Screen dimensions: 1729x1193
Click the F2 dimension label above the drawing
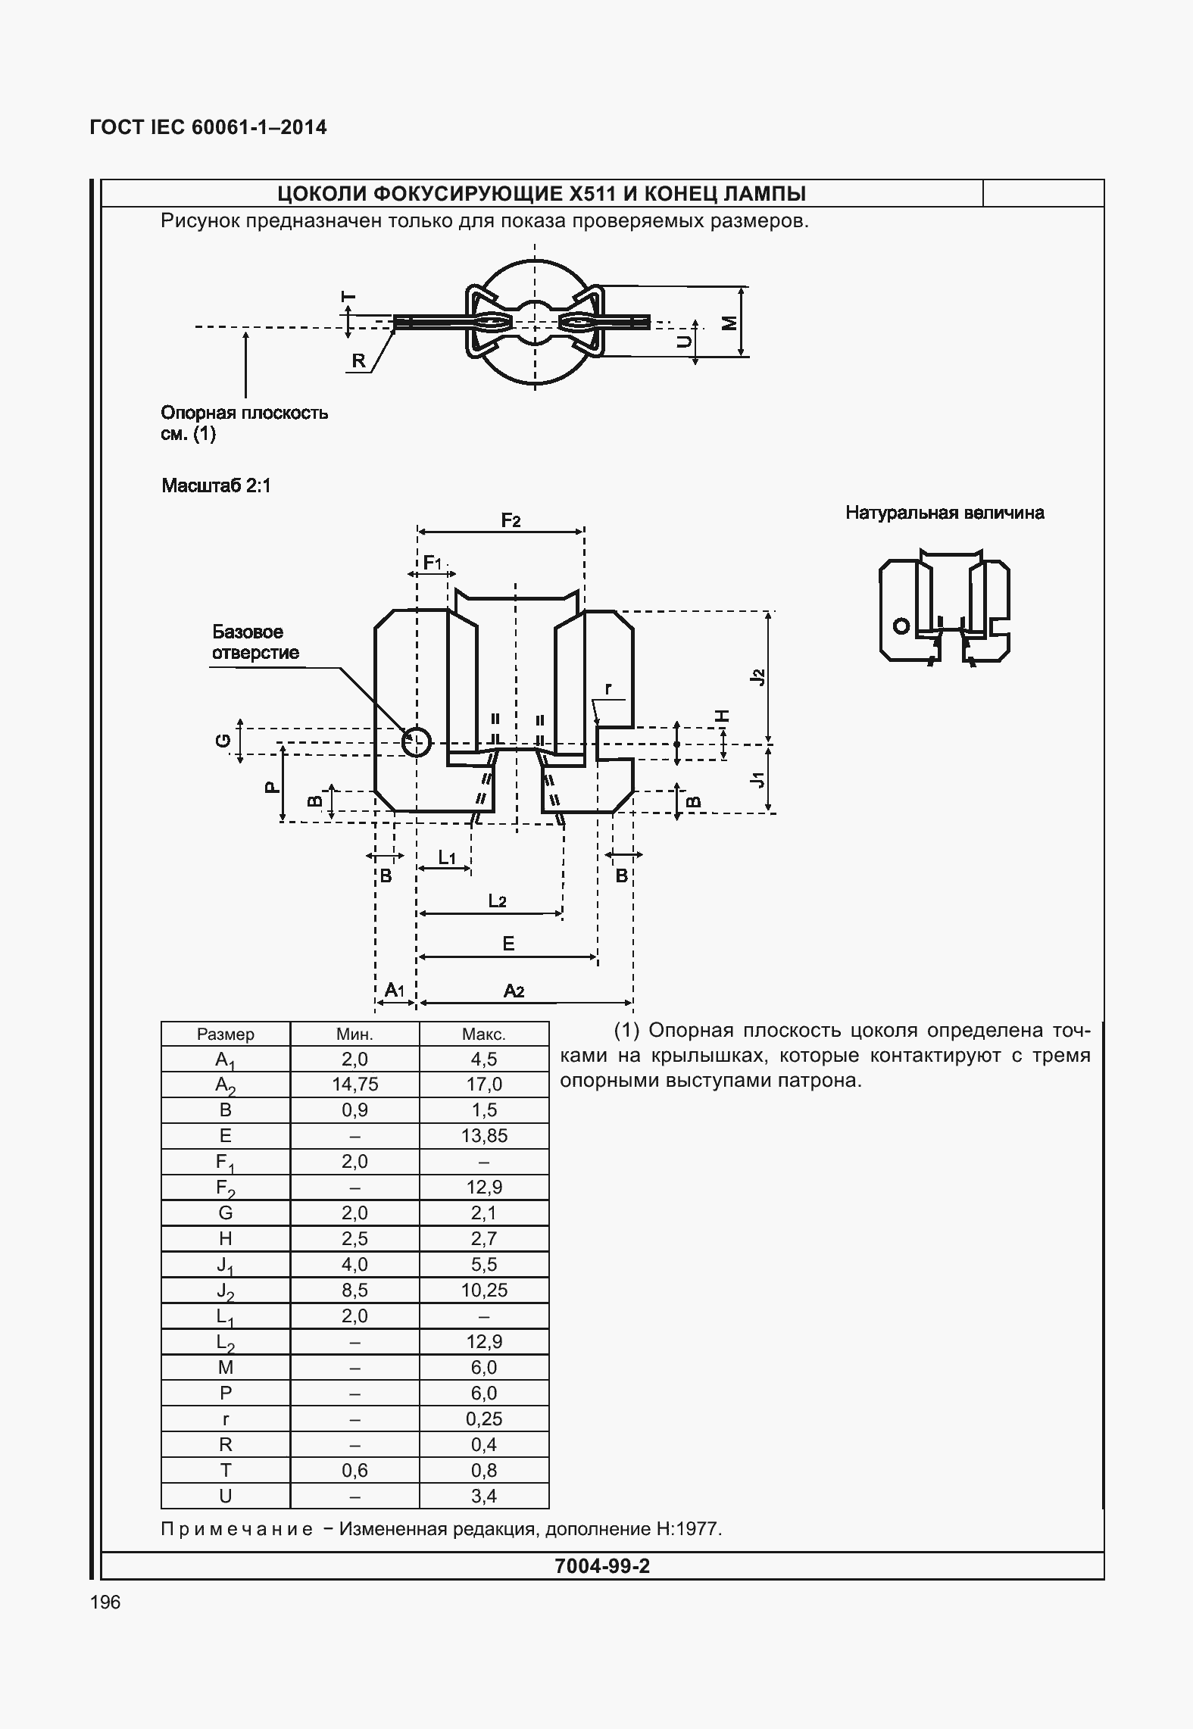point(511,520)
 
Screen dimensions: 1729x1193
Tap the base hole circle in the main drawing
point(416,742)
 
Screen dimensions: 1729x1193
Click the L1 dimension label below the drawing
point(448,857)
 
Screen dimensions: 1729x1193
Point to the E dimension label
point(508,944)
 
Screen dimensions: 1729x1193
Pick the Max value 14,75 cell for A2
point(354,1085)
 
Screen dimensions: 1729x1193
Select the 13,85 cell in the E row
point(484,1136)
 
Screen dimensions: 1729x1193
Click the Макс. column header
point(484,1034)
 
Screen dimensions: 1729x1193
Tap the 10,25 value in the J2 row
point(484,1291)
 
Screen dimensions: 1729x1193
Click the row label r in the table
point(225,1419)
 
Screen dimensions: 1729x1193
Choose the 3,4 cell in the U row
point(484,1496)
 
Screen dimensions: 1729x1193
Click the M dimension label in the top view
point(729,323)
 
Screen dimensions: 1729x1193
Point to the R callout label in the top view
point(359,361)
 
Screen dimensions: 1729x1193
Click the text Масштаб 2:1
point(216,485)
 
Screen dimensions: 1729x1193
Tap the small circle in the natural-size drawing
point(901,626)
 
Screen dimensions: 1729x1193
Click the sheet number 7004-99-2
point(601,1566)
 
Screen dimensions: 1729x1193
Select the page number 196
point(105,1603)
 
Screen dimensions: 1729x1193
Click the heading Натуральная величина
point(945,513)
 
